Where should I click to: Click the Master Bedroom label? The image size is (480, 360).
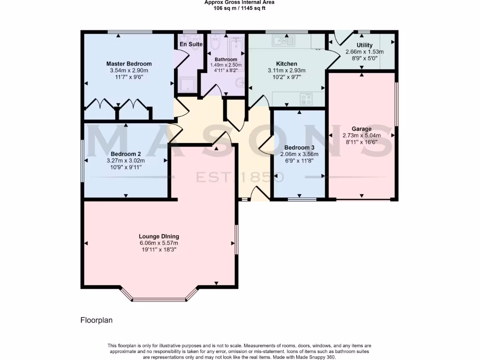(129, 64)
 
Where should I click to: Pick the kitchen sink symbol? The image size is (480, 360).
(283, 41)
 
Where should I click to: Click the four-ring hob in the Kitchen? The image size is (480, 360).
(307, 99)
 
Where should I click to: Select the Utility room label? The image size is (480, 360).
(364, 45)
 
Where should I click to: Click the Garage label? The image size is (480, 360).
(361, 129)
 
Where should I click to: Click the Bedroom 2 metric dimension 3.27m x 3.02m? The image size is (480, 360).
(126, 160)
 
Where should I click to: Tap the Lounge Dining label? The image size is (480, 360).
(159, 236)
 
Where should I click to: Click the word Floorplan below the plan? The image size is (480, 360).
(96, 321)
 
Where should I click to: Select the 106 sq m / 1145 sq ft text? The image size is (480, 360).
(239, 8)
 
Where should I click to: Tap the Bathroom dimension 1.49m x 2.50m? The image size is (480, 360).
(226, 65)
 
